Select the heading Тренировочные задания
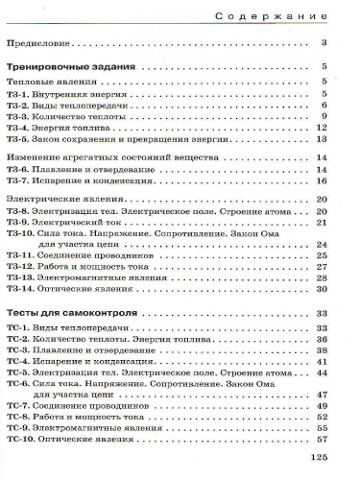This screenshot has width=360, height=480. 76,68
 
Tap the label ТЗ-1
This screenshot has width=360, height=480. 18,94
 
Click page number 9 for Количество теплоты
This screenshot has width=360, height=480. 326,116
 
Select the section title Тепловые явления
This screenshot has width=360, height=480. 49,83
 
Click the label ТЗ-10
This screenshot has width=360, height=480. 21,233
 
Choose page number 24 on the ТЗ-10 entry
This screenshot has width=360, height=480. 324,245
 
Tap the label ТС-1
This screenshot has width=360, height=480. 18,328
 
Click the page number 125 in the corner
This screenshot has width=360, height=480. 320,457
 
